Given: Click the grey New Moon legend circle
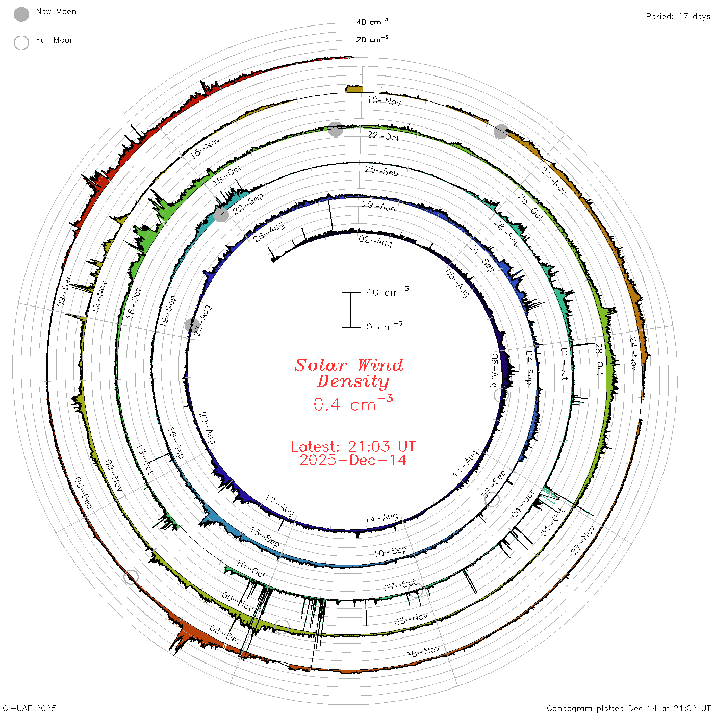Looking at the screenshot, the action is click(x=21, y=14).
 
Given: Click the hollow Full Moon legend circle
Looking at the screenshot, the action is click(x=21, y=43).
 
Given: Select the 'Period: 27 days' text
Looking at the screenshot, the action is click(x=678, y=17).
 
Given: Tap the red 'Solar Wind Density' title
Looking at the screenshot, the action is click(x=349, y=373).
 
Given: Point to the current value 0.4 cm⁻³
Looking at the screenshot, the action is click(x=353, y=403).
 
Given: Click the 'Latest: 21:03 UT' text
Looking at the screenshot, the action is click(x=353, y=446).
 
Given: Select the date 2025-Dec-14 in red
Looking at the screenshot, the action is click(x=353, y=460).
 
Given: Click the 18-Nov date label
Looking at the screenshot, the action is click(x=384, y=100).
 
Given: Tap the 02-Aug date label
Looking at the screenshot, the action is click(x=375, y=241).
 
